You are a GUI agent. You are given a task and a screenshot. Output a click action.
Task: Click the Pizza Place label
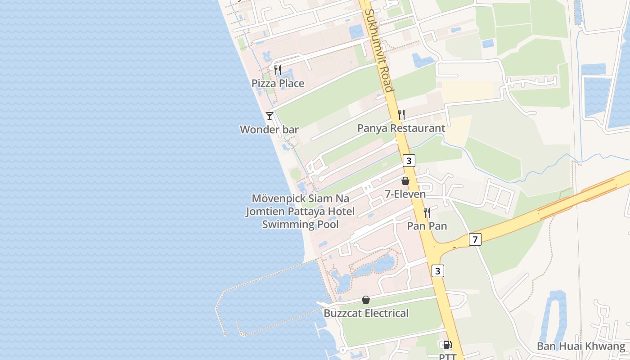pos(278,83)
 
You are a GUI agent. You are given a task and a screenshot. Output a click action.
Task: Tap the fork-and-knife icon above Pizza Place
pos(278,70)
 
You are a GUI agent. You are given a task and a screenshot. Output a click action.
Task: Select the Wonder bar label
pos(269,130)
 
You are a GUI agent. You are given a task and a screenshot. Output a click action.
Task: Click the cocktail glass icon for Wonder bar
pos(270,116)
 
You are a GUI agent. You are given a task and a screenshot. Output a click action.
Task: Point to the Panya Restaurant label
pos(401,128)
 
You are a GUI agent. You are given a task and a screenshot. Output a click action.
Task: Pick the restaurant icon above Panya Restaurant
pos(401,115)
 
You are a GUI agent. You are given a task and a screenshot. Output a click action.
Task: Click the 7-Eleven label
pos(405,194)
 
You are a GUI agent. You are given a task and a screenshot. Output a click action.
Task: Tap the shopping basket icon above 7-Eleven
pos(405,181)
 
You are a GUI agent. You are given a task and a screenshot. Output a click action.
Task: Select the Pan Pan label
pos(427,226)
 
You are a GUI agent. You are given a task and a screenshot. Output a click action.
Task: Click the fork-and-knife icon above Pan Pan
pos(427,212)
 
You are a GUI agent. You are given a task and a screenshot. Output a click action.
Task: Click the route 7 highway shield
pos(475,239)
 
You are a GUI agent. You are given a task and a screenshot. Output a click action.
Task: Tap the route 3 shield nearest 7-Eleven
pos(409,161)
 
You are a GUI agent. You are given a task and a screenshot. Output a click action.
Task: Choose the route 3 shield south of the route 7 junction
pos(438,271)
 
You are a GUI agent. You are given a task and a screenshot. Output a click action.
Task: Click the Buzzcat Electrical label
pos(366,313)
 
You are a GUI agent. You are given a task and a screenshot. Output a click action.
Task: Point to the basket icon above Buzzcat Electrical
pos(366,300)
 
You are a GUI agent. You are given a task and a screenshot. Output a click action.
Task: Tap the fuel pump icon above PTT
pos(447,345)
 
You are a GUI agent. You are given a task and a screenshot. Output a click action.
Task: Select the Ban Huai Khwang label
pos(581,346)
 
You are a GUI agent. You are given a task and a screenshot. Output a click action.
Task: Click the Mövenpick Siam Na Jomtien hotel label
pos(300,211)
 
